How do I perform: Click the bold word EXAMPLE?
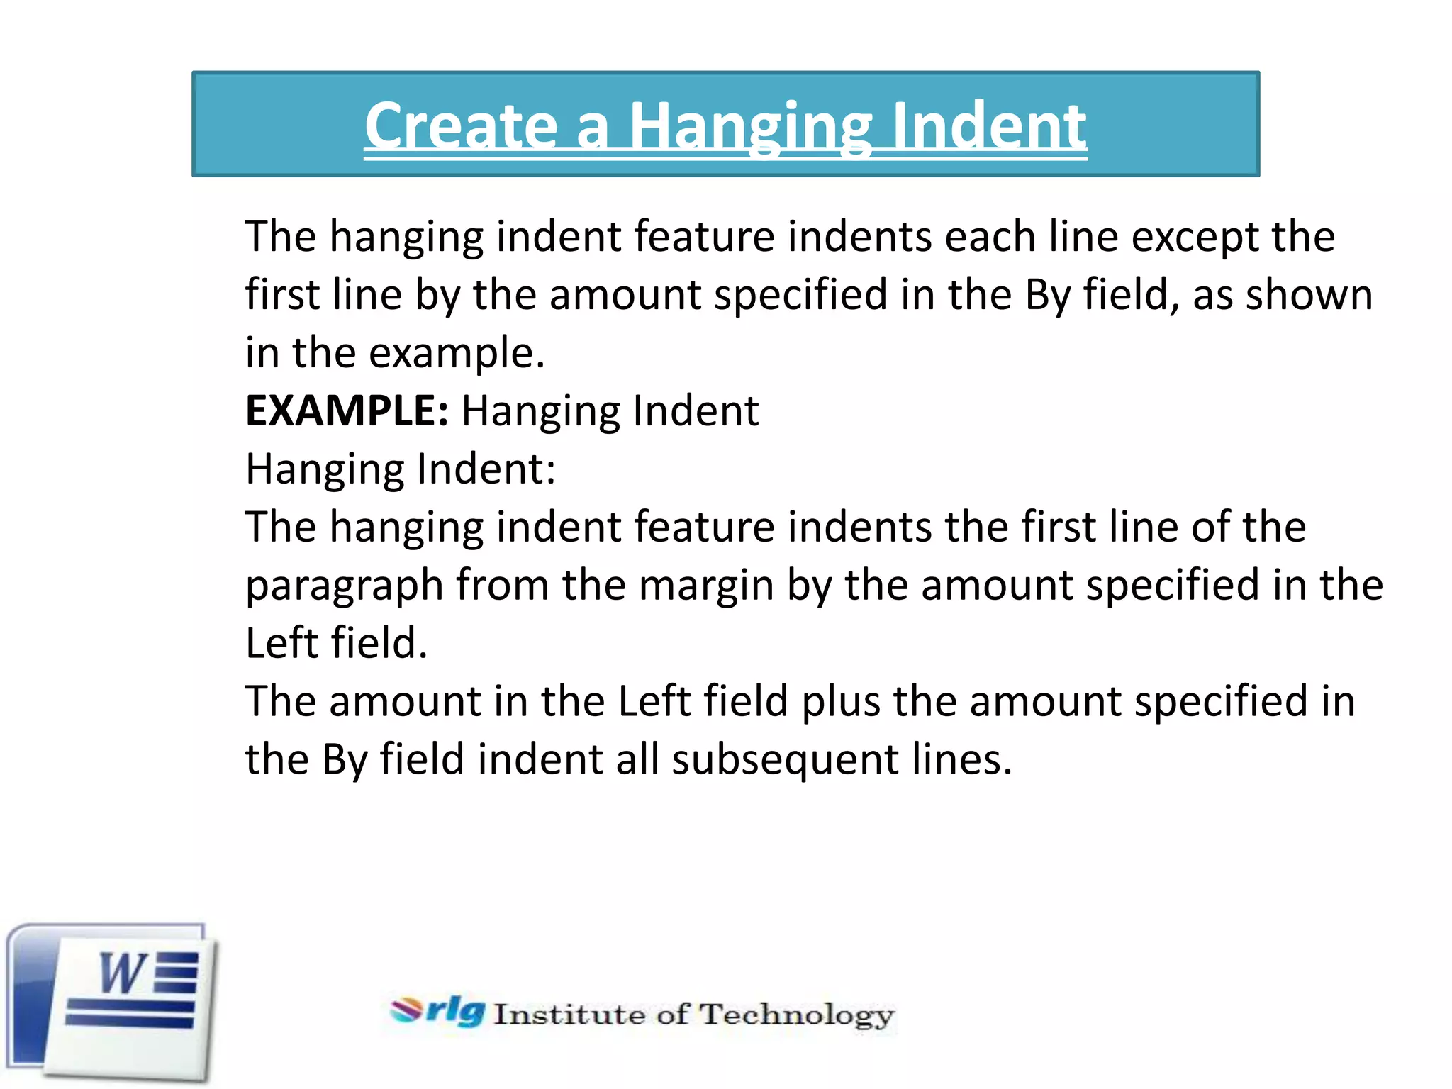point(347,411)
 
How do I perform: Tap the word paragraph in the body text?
point(344,586)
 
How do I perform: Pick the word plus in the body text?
point(840,702)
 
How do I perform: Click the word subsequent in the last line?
point(785,760)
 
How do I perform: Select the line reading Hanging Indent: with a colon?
point(401,469)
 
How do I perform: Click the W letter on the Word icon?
point(123,973)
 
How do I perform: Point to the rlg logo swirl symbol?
point(406,1010)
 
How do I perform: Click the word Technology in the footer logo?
point(796,1015)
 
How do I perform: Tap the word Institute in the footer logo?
point(569,1015)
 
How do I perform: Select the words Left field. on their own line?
point(336,644)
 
